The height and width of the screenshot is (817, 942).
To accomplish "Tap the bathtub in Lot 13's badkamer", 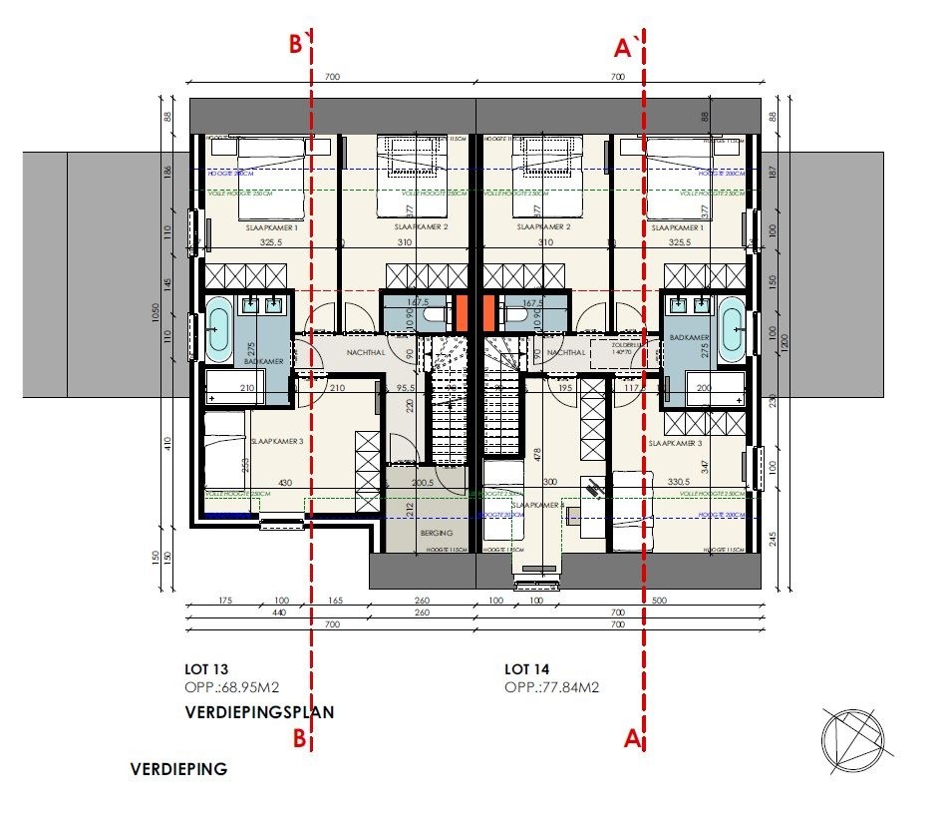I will pyautogui.click(x=218, y=328).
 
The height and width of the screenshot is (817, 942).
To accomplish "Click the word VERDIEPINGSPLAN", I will pyautogui.click(x=259, y=712).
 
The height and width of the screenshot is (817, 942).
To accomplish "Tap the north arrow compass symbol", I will pyautogui.click(x=852, y=737).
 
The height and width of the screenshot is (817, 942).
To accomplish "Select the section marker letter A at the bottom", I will pyautogui.click(x=630, y=739).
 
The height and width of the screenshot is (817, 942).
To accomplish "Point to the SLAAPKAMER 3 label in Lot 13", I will pyautogui.click(x=278, y=441).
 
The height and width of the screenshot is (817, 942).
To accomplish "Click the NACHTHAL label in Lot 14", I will pyautogui.click(x=565, y=352).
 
